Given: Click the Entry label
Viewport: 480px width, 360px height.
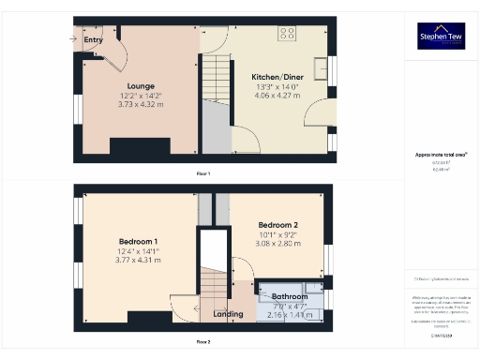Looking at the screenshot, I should pyautogui.click(x=93, y=40).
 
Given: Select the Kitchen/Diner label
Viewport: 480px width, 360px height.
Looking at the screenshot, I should pyautogui.click(x=270, y=77).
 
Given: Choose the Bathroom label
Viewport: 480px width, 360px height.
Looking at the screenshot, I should pyautogui.click(x=290, y=295).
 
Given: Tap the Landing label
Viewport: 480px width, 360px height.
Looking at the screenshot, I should pyautogui.click(x=230, y=314).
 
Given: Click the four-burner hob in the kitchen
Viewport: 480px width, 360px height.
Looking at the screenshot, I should pyautogui.click(x=287, y=34).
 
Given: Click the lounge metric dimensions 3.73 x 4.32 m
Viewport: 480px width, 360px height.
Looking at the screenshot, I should pyautogui.click(x=141, y=105).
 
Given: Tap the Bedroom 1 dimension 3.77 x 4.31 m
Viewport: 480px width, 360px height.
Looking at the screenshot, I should pyautogui.click(x=139, y=260).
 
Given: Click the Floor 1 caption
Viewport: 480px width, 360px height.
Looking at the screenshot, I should pyautogui.click(x=202, y=174).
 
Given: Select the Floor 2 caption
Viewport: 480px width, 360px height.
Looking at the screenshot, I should pyautogui.click(x=202, y=342).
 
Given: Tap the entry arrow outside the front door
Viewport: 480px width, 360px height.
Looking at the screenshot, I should pyautogui.click(x=73, y=38).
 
